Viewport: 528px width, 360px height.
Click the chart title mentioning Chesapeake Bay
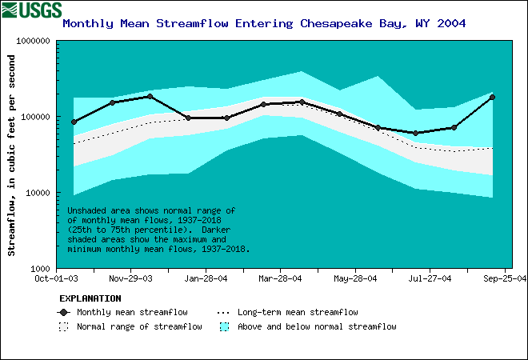pos(264,23)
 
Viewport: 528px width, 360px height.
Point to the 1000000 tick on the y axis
pos(30,41)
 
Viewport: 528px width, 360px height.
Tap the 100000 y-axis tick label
pos(33,117)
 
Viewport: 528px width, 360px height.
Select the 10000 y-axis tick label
pos(35,193)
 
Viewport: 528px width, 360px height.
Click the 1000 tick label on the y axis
pos(38,269)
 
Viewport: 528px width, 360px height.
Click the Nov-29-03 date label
pos(130,279)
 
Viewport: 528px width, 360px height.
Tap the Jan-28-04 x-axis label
pos(205,279)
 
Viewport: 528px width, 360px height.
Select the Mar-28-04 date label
pos(279,279)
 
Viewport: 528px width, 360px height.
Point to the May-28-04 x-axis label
pos(354,279)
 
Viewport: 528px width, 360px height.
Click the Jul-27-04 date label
pos(430,279)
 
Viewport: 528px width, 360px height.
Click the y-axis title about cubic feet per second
pos(12,155)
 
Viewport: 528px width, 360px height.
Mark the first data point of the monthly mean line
pos(74,122)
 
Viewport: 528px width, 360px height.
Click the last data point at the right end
pos(492,97)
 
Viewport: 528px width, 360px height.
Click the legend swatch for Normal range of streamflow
pos(63,326)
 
